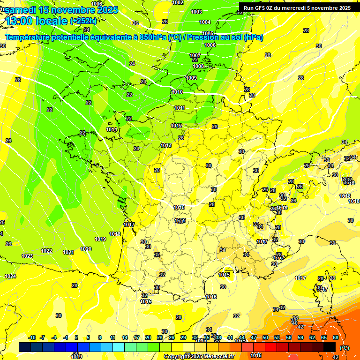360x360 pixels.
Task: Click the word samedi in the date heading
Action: point(21,10)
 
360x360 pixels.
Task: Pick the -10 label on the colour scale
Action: point(32,337)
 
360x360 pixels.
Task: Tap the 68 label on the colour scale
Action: point(336,337)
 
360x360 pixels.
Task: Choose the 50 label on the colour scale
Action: point(265,337)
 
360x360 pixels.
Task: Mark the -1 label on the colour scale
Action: point(66,337)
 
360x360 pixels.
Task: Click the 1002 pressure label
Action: point(178,2)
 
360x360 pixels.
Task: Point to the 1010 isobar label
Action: point(177,92)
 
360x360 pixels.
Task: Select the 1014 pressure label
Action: point(112,130)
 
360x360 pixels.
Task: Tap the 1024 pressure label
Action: point(10,276)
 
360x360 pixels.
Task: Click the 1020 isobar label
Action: point(86,249)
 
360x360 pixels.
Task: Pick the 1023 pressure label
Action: point(27,256)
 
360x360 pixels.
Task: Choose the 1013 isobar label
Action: point(166,146)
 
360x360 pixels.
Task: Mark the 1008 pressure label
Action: point(198,67)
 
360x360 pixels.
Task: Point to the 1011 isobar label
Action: point(180,108)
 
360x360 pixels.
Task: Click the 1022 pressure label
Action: point(46,251)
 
